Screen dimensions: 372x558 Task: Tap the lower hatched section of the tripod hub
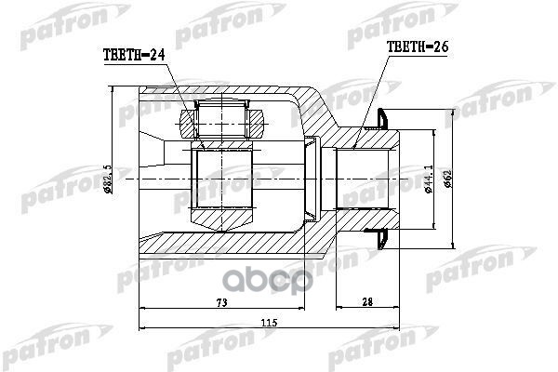[x=223, y=218]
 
